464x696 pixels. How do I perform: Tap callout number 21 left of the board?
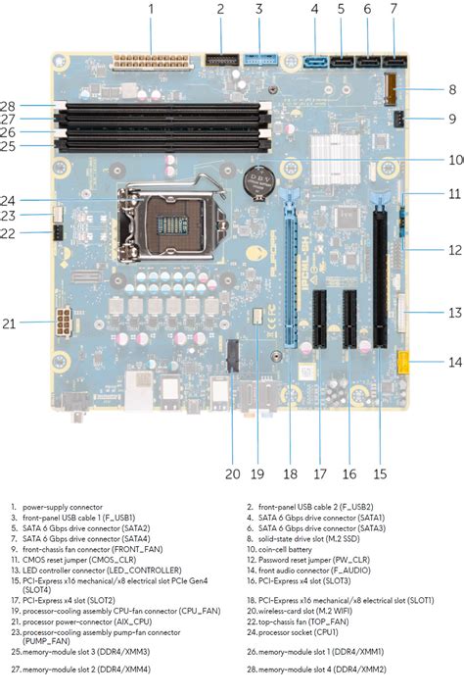pyautogui.click(x=9, y=323)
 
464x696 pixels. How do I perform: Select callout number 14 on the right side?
pyautogui.click(x=453, y=362)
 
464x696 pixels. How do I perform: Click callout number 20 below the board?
pyautogui.click(x=232, y=473)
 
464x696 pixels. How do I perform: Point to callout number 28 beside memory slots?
pyautogui.click(x=9, y=105)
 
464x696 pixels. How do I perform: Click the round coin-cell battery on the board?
pyautogui.click(x=256, y=183)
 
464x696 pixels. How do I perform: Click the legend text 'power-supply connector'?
pyautogui.click(x=62, y=507)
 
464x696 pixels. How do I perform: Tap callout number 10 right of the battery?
pyautogui.click(x=454, y=159)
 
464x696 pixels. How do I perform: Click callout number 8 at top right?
pyautogui.click(x=453, y=89)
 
